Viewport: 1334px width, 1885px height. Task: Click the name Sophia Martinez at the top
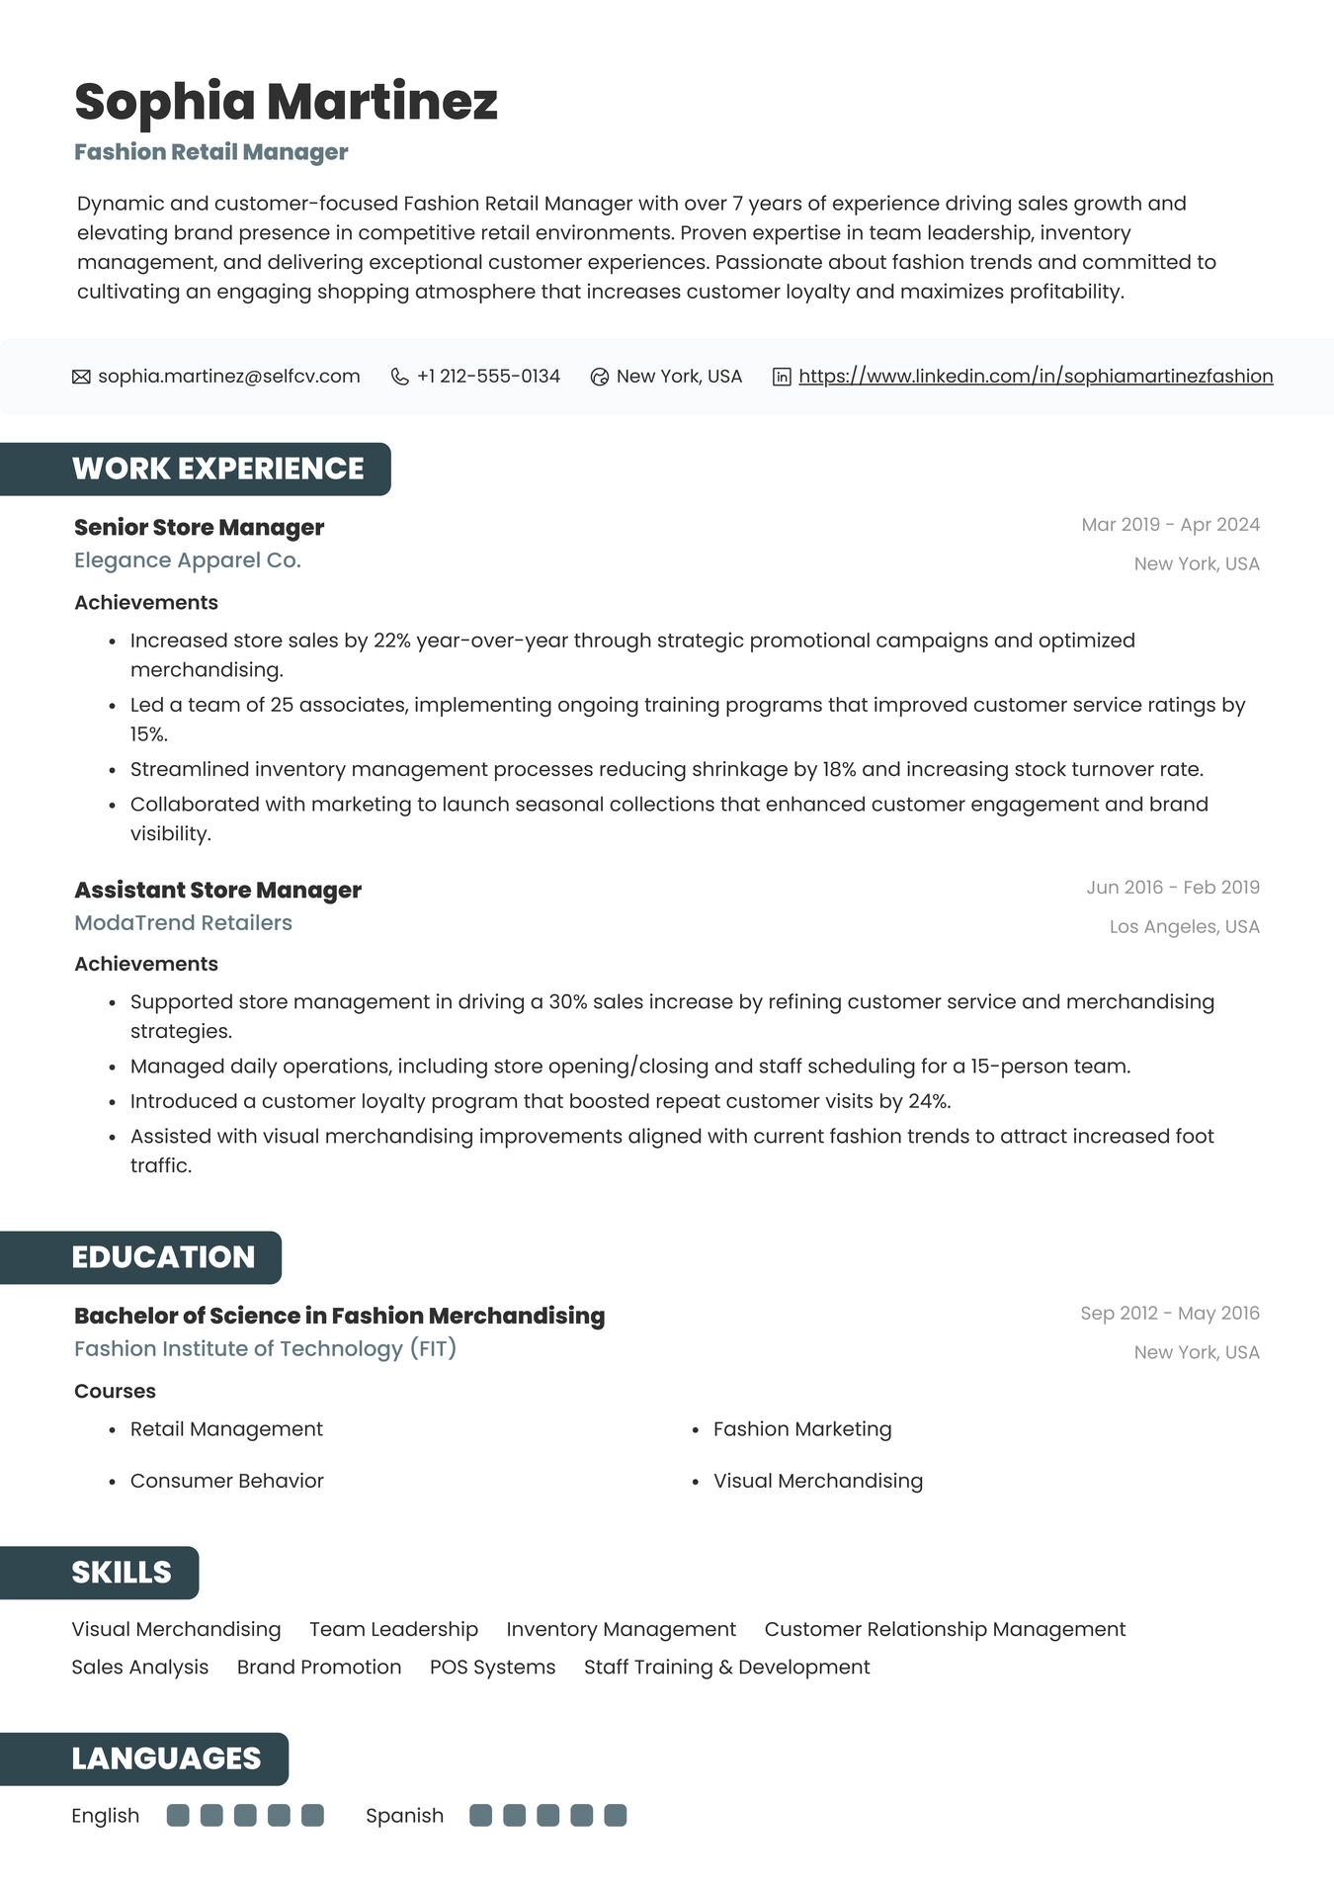coord(286,102)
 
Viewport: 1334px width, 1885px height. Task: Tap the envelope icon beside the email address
coord(81,377)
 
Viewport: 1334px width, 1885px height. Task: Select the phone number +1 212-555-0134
coord(488,377)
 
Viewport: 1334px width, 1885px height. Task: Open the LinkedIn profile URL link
coord(1035,377)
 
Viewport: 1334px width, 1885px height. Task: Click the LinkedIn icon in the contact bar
coord(781,377)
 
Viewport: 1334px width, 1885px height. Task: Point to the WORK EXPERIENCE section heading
coord(217,469)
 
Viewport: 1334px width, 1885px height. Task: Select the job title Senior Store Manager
coord(199,528)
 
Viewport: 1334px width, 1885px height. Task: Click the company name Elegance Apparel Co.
coord(188,560)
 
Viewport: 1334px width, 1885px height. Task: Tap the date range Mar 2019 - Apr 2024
coord(1170,525)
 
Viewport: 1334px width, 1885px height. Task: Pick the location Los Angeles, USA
coord(1184,927)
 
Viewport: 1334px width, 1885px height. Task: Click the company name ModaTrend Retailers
coord(183,923)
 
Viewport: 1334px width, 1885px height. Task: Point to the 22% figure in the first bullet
coord(391,641)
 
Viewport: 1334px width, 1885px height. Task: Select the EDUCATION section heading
coord(163,1257)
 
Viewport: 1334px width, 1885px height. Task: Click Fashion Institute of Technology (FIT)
coord(265,1349)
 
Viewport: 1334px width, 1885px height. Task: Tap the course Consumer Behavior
coord(226,1481)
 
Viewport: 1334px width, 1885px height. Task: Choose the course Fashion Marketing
coord(801,1429)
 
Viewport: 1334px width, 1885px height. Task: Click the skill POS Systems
coord(492,1668)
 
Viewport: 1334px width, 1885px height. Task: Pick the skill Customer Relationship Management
coord(945,1630)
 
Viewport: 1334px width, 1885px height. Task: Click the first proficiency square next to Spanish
coord(480,1816)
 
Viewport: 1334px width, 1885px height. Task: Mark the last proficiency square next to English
coord(312,1816)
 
